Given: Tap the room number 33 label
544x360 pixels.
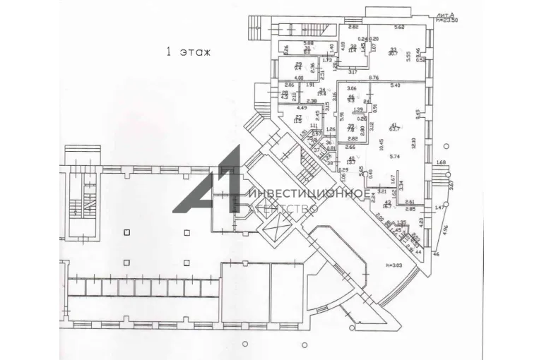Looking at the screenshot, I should (x=393, y=49).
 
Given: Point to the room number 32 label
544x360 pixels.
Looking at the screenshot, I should (x=353, y=47).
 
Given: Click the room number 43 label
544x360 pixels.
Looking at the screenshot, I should (x=388, y=202).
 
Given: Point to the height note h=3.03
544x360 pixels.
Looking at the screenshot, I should (x=394, y=265).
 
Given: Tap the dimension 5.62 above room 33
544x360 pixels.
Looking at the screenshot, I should (x=398, y=28).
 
